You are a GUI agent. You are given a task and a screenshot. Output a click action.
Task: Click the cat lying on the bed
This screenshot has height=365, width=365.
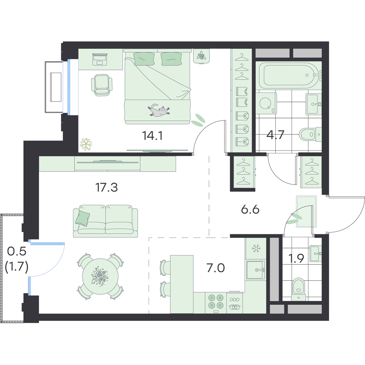[x=158, y=110]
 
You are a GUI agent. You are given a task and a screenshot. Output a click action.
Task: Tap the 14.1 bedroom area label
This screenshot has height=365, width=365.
[x=152, y=136]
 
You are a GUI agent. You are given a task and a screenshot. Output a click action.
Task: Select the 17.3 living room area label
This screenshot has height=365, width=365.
[x=107, y=187]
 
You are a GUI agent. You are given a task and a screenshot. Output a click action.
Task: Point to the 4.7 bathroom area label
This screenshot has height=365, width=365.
[x=275, y=135]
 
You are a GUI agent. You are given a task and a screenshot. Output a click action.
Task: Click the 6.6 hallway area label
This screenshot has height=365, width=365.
[x=250, y=210]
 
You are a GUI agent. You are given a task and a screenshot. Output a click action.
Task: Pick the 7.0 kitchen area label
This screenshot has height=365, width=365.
[x=216, y=268]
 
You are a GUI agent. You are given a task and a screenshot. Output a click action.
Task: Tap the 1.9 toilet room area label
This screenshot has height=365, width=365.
[x=296, y=258]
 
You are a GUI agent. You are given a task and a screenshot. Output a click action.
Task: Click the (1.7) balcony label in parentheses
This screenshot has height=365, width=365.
[x=16, y=267]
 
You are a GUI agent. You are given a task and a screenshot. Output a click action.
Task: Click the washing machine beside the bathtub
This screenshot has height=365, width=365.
[x=266, y=103]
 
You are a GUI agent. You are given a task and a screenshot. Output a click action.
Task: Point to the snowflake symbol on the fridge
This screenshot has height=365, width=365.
[x=256, y=248]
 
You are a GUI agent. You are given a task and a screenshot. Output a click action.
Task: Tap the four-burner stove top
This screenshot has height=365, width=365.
[x=216, y=303]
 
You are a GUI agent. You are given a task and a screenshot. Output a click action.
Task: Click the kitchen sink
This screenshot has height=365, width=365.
[x=255, y=270]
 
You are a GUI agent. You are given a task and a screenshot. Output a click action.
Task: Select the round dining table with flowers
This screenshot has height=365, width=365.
[x=100, y=276]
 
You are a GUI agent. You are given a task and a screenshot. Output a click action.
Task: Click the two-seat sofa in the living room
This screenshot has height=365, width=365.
[x=106, y=221]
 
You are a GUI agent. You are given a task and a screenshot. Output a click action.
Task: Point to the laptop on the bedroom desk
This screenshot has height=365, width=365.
[x=100, y=60]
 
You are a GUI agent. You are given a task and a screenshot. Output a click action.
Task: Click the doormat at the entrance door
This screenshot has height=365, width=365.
[x=306, y=211]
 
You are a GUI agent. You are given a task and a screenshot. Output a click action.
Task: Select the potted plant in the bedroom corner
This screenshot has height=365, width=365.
[x=86, y=144]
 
